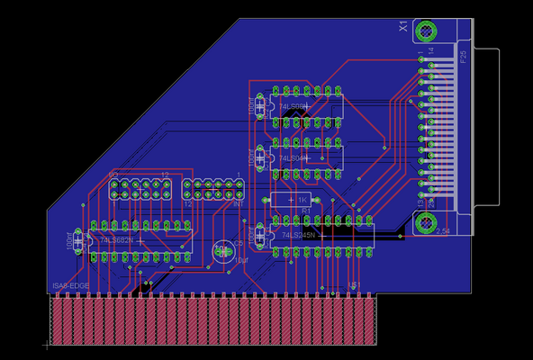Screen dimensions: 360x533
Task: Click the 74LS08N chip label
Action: (293, 107)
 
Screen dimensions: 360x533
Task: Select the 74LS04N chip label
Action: (293, 158)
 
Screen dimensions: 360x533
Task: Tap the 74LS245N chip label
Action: (297, 236)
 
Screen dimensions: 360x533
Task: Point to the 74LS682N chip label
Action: (116, 240)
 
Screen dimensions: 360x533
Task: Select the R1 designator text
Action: (306, 211)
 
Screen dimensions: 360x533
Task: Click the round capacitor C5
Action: (221, 251)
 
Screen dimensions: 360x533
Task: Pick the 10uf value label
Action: (241, 260)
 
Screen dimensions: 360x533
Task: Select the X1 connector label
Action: (404, 30)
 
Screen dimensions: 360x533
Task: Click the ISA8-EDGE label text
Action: (69, 287)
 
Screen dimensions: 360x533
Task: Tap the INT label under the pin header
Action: (239, 204)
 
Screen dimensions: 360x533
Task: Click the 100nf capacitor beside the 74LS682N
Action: (79, 240)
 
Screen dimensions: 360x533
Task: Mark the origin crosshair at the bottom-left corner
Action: (46, 345)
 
